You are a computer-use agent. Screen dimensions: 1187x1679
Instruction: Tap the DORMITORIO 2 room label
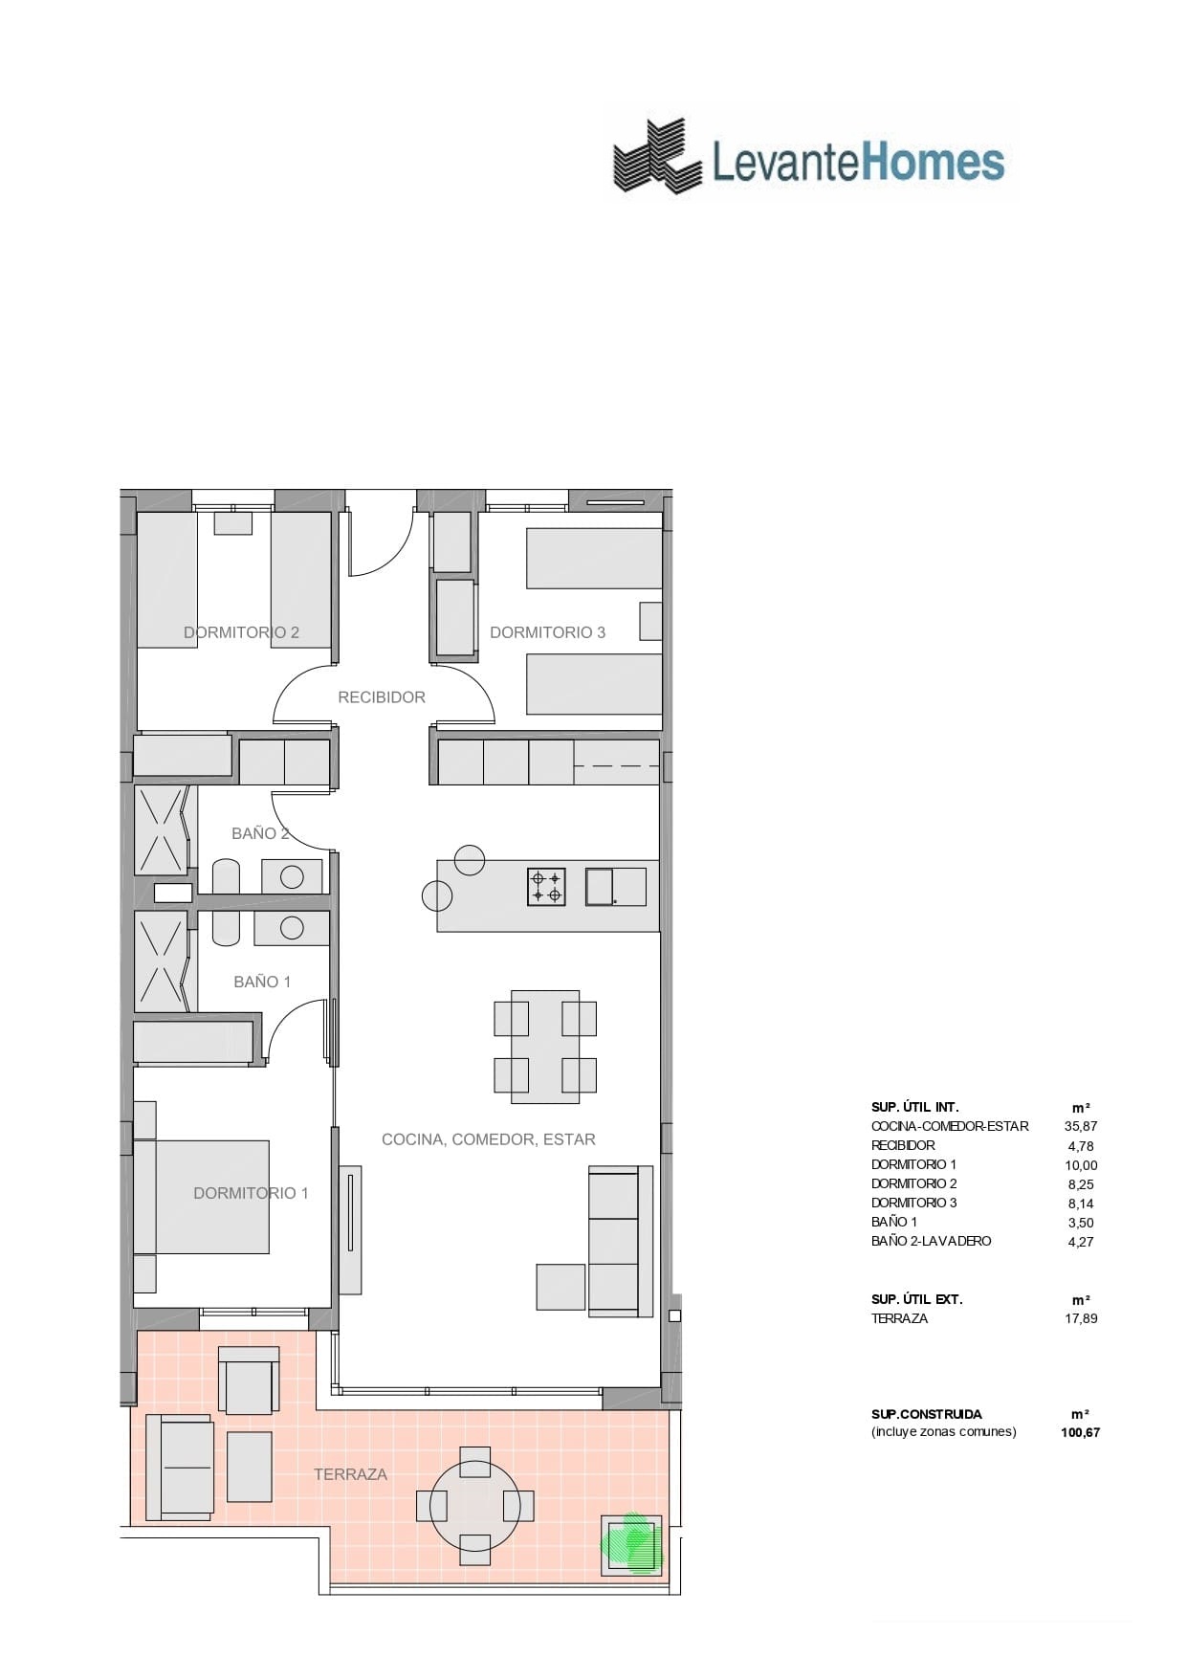point(241,632)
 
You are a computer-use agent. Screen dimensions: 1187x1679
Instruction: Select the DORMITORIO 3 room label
point(547,632)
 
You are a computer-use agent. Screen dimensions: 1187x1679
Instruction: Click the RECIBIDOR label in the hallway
point(381,697)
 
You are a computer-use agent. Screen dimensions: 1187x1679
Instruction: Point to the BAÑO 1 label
point(262,982)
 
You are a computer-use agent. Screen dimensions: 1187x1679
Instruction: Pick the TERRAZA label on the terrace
point(350,1474)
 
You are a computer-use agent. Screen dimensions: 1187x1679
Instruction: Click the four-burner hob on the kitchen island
point(546,887)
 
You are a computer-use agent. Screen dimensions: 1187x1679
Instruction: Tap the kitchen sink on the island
point(615,886)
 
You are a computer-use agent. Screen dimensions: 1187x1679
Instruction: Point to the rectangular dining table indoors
point(545,1048)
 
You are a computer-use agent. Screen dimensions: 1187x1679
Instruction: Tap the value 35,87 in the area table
point(1080,1126)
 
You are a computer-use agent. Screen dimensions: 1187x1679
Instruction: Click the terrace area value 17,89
point(1080,1318)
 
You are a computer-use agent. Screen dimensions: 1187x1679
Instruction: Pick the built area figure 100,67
point(1080,1432)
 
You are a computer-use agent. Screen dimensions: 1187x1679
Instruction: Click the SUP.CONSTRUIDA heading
point(926,1414)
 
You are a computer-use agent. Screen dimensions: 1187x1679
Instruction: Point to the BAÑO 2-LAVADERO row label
point(931,1241)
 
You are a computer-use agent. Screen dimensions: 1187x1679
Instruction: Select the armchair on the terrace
point(249,1380)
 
